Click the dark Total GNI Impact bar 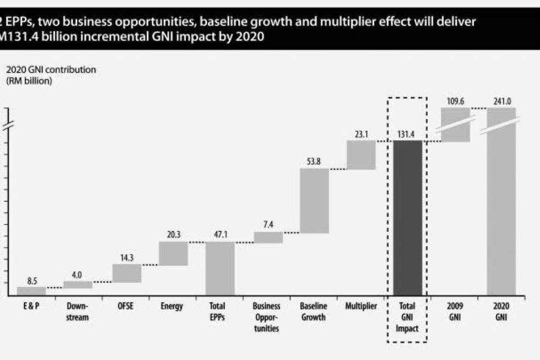[x=408, y=218]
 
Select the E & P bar [x=31, y=291]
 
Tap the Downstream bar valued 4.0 [x=78, y=285]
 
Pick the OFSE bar [x=127, y=273]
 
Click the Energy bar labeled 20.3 [x=174, y=254]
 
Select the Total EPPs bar [x=220, y=268]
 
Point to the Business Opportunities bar [x=268, y=238]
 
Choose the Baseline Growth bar [x=314, y=201]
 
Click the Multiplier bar [x=361, y=155]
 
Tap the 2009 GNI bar [x=455, y=125]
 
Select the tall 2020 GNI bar [x=501, y=201]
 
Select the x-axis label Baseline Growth [x=313, y=312]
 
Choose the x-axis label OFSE [x=127, y=306]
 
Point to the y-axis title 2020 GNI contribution [x=51, y=69]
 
